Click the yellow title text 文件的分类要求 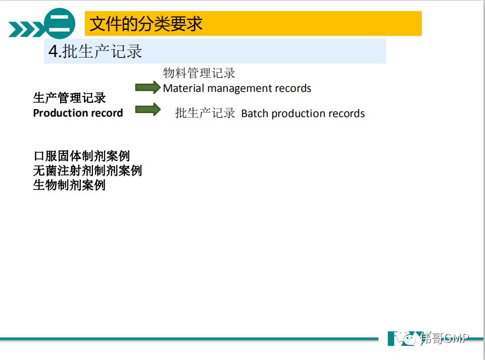[x=146, y=24]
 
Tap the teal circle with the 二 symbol [x=60, y=24]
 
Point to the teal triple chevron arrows [x=26, y=29]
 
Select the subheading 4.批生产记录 [x=95, y=52]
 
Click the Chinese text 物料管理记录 [x=199, y=73]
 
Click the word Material [x=184, y=88]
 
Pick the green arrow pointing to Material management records [x=148, y=87]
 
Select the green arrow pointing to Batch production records [x=148, y=110]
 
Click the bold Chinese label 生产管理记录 [x=69, y=98]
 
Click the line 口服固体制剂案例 [x=82, y=156]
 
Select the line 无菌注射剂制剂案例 [x=87, y=171]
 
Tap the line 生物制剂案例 [x=69, y=185]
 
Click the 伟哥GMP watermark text [x=444, y=338]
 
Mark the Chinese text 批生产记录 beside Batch [x=205, y=113]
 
